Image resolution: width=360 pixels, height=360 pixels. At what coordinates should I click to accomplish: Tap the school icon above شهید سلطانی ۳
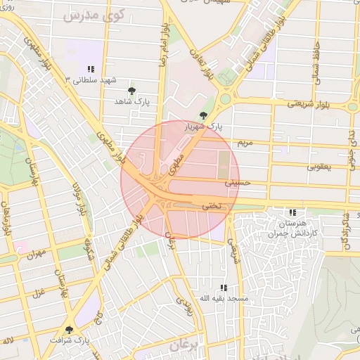tap(91, 68)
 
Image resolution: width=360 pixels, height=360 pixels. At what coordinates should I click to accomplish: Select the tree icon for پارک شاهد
tap(131, 91)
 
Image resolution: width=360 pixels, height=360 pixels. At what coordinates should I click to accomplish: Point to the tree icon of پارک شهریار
tap(203, 115)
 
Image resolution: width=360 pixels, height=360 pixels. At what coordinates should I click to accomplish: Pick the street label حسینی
tap(237, 182)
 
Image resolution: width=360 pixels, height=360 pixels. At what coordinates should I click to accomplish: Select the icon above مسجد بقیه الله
tap(224, 288)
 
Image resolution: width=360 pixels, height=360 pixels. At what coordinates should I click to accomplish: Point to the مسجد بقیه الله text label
tap(224, 299)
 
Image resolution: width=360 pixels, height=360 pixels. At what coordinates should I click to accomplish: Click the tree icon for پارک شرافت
tap(69, 329)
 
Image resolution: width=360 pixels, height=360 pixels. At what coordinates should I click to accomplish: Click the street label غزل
tap(40, 291)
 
